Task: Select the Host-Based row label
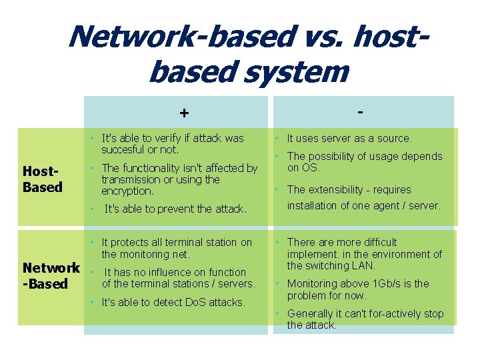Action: pyautogui.click(x=42, y=179)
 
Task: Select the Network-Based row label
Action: pyautogui.click(x=51, y=276)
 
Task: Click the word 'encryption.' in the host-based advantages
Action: pyautogui.click(x=127, y=191)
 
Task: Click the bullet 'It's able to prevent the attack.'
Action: pyautogui.click(x=175, y=209)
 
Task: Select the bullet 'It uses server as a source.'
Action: pyautogui.click(x=349, y=138)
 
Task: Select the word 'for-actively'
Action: pyautogui.click(x=383, y=313)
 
